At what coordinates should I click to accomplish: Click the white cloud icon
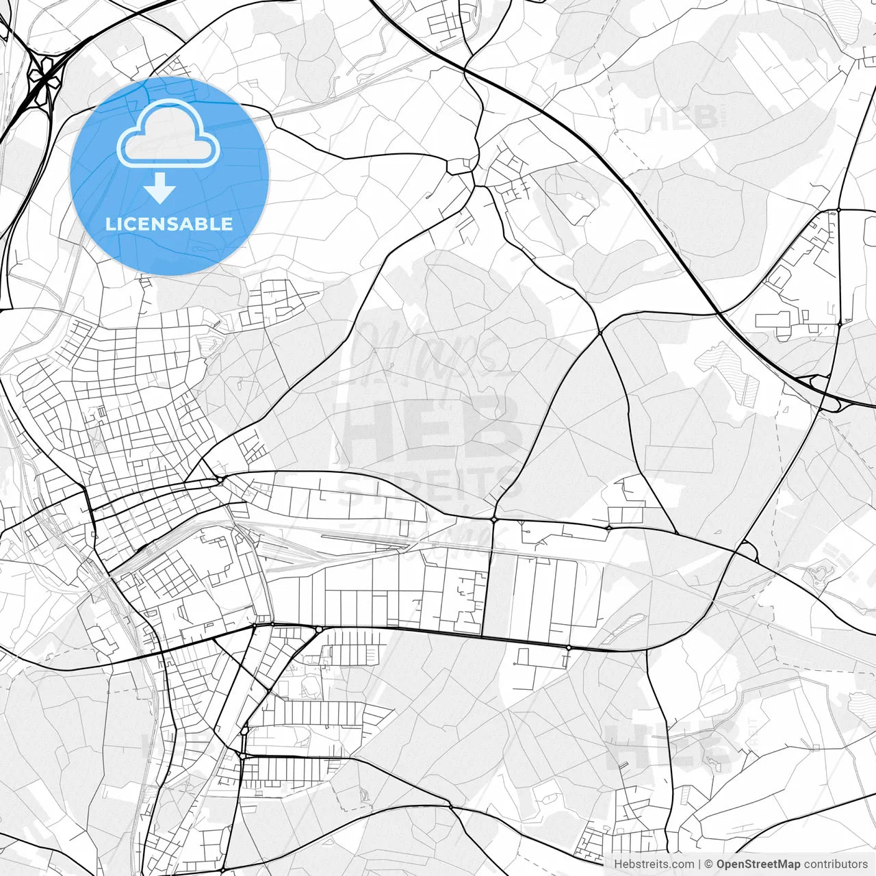click(x=168, y=134)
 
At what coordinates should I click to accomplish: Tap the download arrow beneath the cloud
click(x=160, y=188)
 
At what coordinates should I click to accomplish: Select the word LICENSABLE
click(x=169, y=224)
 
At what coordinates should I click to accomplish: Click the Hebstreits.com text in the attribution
click(x=654, y=864)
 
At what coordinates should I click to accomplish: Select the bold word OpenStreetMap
click(x=758, y=864)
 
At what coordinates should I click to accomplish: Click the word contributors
click(x=836, y=864)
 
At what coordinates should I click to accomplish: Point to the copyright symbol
click(x=709, y=864)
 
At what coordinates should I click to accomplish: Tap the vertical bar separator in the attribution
click(x=699, y=864)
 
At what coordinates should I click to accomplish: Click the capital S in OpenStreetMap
click(x=749, y=864)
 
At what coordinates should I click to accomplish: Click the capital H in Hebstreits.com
click(x=618, y=864)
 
